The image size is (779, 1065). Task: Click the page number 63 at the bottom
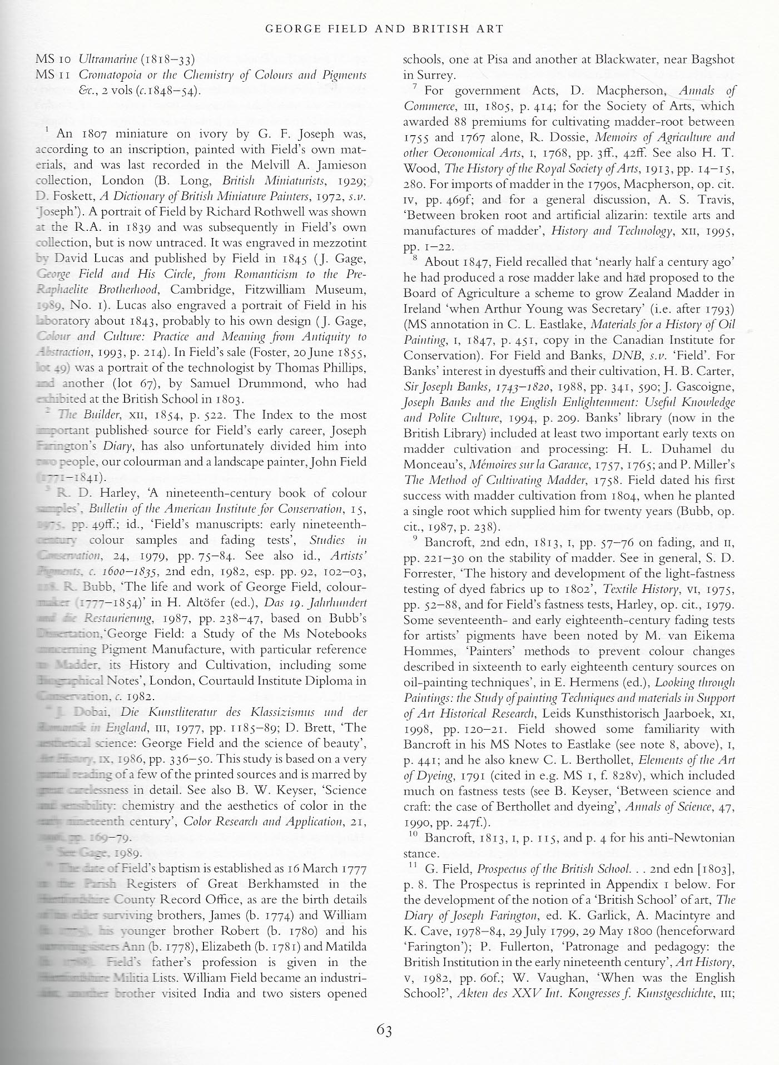click(x=384, y=1031)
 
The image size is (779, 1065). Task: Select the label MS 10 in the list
click(x=53, y=58)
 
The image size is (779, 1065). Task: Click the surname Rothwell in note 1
click(x=338, y=212)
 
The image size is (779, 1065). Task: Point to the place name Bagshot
click(x=708, y=60)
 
